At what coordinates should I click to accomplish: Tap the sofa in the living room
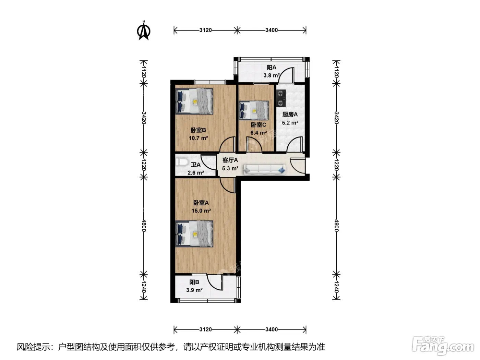[265, 170]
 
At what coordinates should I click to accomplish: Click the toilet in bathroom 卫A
[182, 163]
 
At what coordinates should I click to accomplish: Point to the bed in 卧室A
[194, 234]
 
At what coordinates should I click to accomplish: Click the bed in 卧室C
[254, 110]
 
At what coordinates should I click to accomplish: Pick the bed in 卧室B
[194, 101]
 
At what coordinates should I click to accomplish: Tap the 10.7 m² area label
[198, 138]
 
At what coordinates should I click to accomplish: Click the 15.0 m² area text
[201, 211]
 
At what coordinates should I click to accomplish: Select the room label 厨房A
[290, 114]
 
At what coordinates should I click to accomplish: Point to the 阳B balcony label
[194, 282]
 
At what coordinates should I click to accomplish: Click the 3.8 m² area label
[272, 75]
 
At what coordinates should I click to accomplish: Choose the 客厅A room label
[230, 160]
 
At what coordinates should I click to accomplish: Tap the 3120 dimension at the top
[206, 30]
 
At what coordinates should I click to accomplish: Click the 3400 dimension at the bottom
[272, 329]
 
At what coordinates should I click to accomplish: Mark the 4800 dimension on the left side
[144, 225]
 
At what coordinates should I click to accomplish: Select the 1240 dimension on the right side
[336, 287]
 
